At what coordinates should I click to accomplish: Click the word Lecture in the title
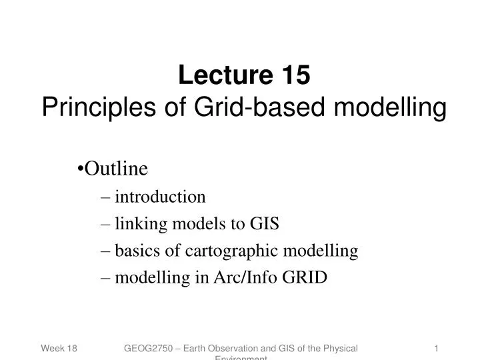tap(217, 76)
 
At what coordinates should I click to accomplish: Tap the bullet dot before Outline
tap(81, 170)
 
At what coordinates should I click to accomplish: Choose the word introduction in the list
tap(160, 197)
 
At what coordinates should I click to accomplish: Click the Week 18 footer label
tap(59, 349)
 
